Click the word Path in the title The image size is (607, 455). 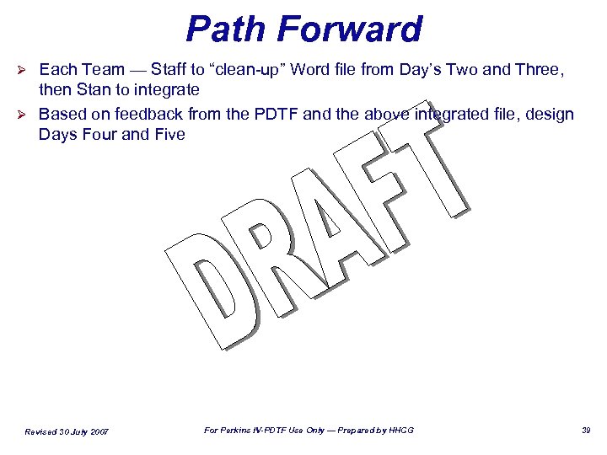[x=226, y=29]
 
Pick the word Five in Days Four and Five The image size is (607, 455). [x=169, y=134]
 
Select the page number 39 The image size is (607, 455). [x=587, y=431]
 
